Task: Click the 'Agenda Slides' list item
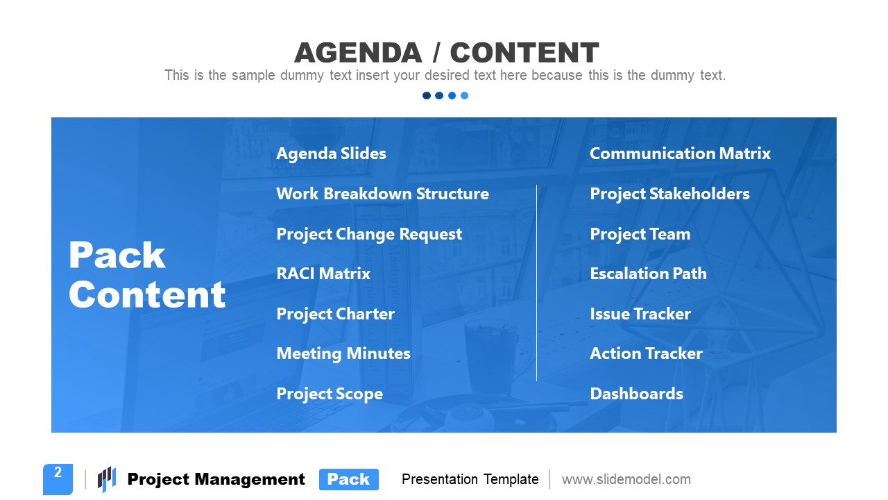click(331, 153)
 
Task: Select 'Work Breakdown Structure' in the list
click(382, 194)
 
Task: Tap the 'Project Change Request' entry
click(369, 234)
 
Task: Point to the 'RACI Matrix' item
click(323, 274)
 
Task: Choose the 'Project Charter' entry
click(335, 314)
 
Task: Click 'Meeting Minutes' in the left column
click(343, 353)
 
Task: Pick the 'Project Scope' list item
click(330, 394)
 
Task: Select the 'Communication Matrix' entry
click(680, 153)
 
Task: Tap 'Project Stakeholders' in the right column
click(669, 194)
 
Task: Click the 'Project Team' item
click(640, 234)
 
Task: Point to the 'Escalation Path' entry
click(648, 274)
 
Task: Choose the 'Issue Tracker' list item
click(640, 314)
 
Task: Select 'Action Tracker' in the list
click(646, 353)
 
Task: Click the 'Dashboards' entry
click(636, 394)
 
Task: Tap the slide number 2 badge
click(58, 478)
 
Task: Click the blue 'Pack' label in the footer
click(348, 479)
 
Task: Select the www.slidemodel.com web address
click(626, 479)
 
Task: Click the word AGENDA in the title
click(357, 53)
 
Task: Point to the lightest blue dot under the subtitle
click(465, 96)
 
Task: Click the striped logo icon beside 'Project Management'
click(106, 478)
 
